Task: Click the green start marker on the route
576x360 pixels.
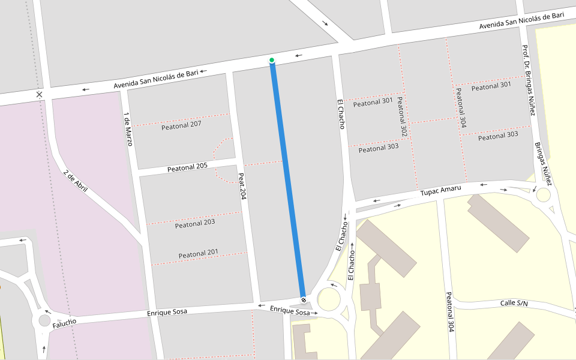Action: coord(272,60)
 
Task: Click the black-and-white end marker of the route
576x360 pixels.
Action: coord(303,299)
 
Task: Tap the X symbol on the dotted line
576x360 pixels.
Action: coord(39,95)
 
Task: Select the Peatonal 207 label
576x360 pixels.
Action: coord(181,125)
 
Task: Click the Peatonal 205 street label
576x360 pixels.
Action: coord(187,167)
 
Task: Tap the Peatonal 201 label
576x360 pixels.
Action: coord(198,254)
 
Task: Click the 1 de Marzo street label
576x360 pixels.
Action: coord(128,129)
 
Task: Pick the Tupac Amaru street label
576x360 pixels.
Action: coord(440,190)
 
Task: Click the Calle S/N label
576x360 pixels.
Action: coord(514,303)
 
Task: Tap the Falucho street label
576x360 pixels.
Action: coord(64,324)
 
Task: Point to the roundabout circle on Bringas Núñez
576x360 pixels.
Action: coord(543,195)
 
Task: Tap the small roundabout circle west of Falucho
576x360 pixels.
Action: coord(44,320)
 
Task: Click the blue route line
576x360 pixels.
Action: coord(288,180)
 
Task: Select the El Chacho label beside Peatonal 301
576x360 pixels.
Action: coord(341,114)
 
